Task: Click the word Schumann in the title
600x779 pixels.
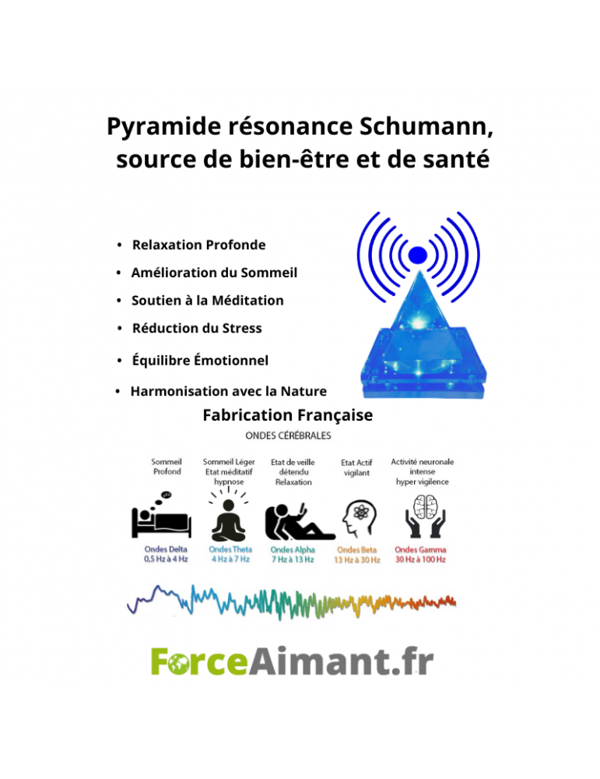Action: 426,126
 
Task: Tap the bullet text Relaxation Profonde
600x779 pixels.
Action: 198,245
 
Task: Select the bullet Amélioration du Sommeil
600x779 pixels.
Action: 214,273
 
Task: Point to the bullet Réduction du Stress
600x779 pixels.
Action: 197,329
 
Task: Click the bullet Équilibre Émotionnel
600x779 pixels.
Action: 200,360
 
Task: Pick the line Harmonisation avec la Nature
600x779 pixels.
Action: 228,392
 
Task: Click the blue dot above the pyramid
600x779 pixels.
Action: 417,255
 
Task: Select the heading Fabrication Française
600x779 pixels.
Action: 287,415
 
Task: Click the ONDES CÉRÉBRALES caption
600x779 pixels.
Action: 288,435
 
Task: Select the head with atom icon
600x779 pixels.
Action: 360,519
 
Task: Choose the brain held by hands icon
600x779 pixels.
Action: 423,516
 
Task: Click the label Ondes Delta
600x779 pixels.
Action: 166,549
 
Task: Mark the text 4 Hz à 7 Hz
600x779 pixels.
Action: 230,559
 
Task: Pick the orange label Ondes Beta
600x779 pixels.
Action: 357,550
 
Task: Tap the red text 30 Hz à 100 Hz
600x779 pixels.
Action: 420,560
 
